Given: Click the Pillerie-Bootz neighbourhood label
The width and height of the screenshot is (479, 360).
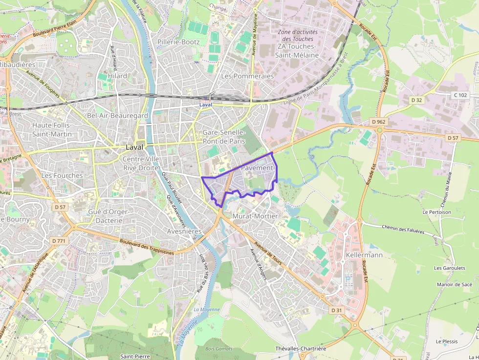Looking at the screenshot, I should click(178, 42).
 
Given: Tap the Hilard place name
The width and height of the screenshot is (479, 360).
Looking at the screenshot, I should click(118, 76).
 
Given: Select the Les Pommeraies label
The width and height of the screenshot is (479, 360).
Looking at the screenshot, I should click(247, 76).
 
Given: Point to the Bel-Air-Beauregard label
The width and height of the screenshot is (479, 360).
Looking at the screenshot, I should click(117, 116).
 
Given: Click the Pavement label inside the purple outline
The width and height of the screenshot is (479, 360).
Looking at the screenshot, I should click(257, 168).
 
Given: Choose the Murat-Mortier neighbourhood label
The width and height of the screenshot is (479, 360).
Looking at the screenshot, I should click(255, 216).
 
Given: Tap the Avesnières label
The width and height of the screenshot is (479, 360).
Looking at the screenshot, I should click(184, 231).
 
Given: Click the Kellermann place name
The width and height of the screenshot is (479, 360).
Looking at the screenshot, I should click(364, 255).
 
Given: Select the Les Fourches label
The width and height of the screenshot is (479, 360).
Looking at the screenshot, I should click(62, 175).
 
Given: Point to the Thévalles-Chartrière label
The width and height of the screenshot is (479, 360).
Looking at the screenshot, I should click(301, 348).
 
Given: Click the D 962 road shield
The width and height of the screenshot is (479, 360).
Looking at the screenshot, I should click(378, 122).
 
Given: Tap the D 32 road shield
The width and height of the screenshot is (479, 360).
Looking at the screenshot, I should click(416, 100).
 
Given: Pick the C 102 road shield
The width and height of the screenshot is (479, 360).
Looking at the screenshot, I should click(460, 95).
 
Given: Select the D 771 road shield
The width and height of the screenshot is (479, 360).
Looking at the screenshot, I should click(58, 241).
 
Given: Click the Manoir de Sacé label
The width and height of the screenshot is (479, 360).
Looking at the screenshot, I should click(455, 284).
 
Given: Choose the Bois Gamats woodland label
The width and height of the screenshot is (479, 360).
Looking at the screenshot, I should click(219, 348).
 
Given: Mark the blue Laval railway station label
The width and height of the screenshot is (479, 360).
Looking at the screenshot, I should click(206, 105).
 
